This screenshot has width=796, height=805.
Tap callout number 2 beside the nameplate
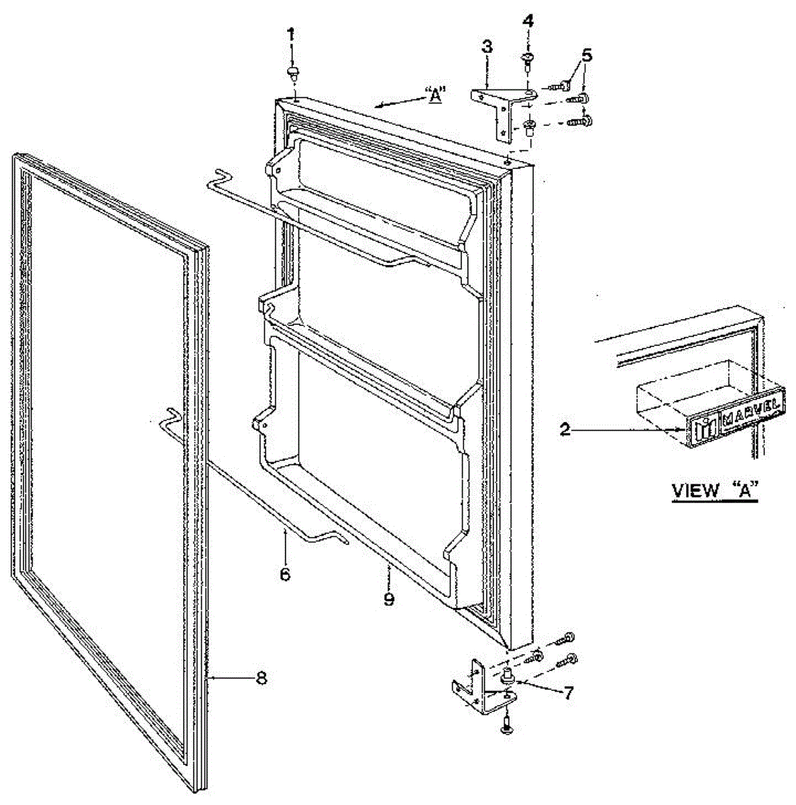click(565, 429)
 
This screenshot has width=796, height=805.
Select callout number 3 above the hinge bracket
click(486, 47)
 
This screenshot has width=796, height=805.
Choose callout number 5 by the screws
click(587, 55)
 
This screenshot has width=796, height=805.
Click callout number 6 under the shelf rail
click(285, 575)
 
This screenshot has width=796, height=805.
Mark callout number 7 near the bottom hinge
click(568, 693)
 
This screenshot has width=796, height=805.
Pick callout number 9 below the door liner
click(389, 598)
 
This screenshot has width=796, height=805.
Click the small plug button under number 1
click(293, 71)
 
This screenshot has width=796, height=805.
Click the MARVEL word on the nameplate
click(751, 414)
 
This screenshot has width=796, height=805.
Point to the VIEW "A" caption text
click(714, 490)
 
